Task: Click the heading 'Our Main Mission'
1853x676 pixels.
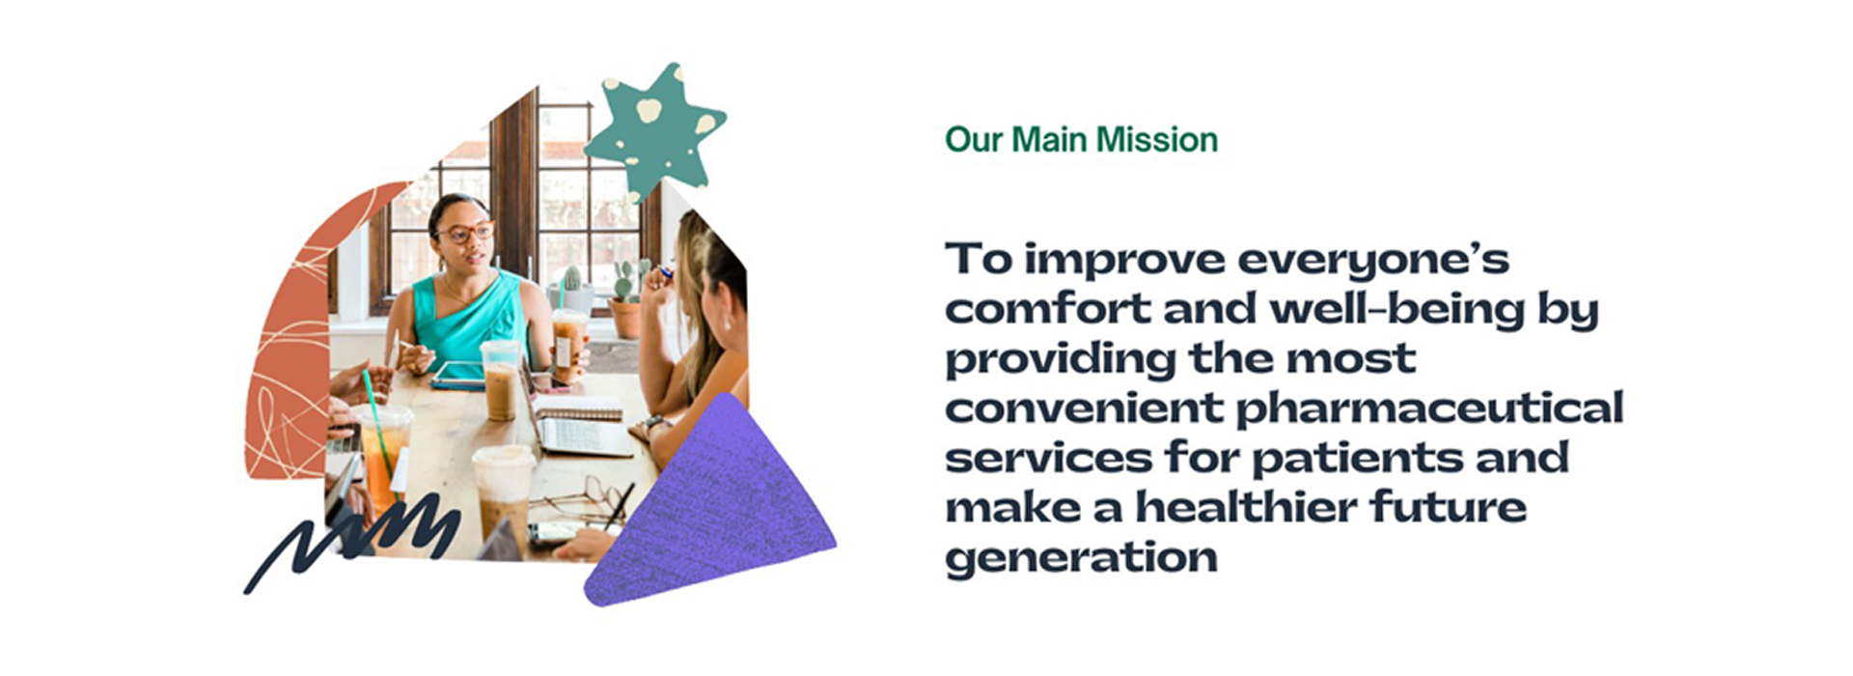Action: coord(1081,140)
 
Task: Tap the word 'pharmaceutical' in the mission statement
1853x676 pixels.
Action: coord(1429,409)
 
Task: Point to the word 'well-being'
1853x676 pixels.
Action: coord(1397,310)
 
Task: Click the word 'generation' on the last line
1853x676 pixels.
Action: coord(1081,558)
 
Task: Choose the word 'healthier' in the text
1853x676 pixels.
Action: coord(1246,508)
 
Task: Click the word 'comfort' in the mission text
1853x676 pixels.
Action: coord(1047,310)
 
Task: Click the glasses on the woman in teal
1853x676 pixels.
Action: coord(466,233)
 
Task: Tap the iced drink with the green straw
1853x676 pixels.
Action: coord(383,454)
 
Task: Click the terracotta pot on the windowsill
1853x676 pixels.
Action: coord(625,318)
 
